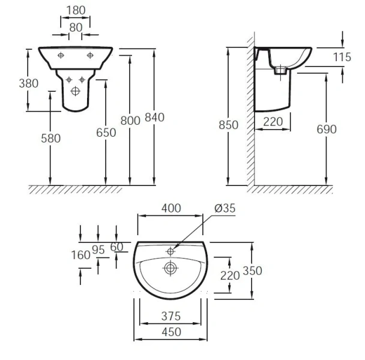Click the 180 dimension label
(76, 10)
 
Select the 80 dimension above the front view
(76, 28)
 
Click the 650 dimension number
(106, 133)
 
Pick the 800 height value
(130, 119)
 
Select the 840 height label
(154, 117)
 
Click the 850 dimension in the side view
(229, 125)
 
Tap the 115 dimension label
(342, 58)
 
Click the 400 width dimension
(170, 208)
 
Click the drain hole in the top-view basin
(170, 268)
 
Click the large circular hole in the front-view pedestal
(76, 91)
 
